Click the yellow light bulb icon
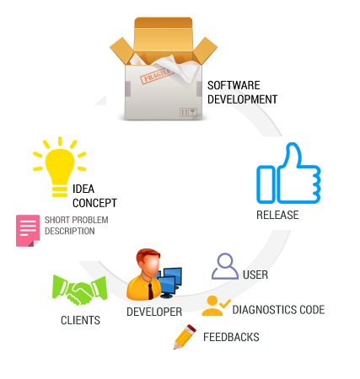[x=60, y=167]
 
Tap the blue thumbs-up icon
[x=288, y=173]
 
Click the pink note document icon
[x=28, y=231]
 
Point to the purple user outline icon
[x=225, y=266]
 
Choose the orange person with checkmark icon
[x=216, y=306]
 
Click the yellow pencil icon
[x=185, y=337]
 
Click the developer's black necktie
[x=151, y=291]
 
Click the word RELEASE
[x=277, y=215]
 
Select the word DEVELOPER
[x=154, y=312]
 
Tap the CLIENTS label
[x=80, y=320]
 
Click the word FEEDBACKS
[x=231, y=337]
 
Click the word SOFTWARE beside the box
[x=234, y=85]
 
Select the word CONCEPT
[x=94, y=203]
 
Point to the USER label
[x=255, y=275]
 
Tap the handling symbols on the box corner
[x=188, y=112]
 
